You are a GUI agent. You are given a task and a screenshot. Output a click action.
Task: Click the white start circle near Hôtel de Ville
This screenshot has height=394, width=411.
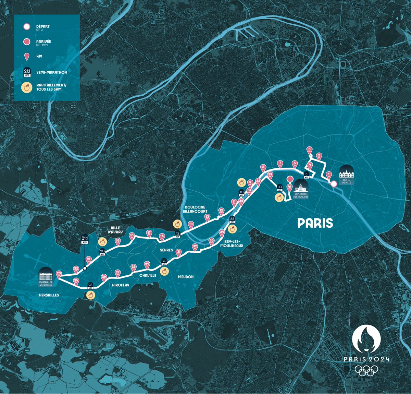334,184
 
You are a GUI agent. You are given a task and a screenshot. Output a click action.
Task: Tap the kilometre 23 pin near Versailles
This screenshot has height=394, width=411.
59,273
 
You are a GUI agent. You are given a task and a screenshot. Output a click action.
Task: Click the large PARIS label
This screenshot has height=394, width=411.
315,223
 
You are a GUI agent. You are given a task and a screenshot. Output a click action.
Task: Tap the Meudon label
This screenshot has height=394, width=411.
186,277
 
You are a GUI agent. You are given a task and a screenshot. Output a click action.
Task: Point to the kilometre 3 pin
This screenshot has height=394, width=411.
310,150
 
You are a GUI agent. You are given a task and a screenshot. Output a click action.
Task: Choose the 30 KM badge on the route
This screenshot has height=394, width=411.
164,261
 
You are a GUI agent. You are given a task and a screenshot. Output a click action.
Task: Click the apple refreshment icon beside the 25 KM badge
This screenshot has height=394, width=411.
91,295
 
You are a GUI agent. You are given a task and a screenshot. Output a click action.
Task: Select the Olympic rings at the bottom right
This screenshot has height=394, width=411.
366,370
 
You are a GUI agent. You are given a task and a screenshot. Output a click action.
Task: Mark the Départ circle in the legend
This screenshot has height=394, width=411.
27,27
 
